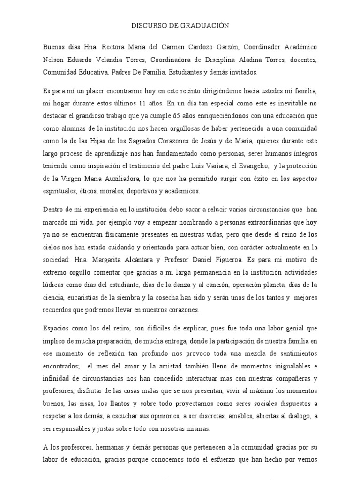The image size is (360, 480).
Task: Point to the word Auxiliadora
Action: [x=121, y=179]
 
